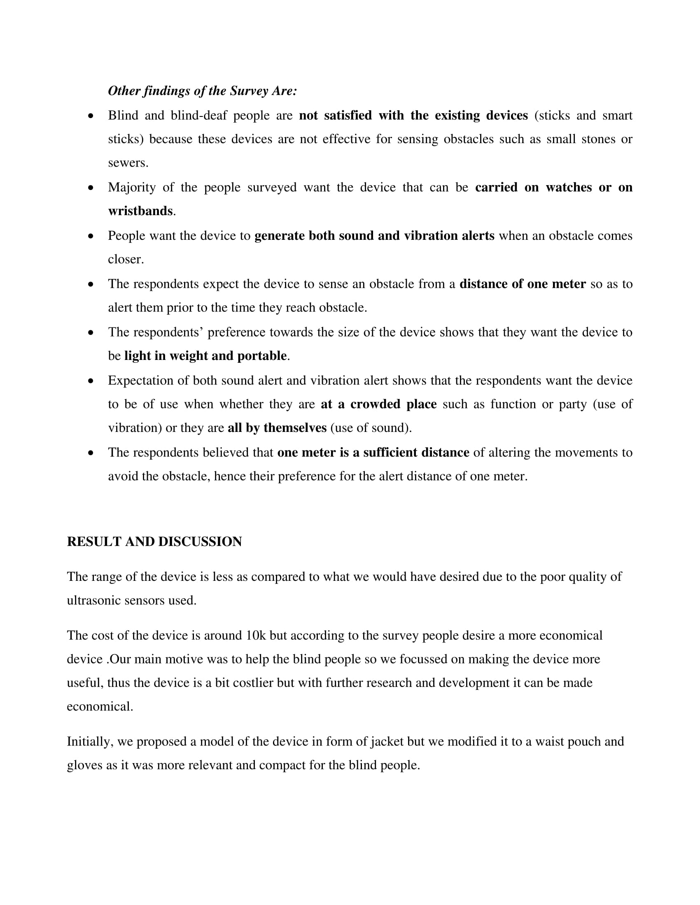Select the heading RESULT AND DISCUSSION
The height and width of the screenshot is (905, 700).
click(154, 542)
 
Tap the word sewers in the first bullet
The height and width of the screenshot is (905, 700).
click(128, 163)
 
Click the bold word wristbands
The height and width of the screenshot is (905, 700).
click(140, 211)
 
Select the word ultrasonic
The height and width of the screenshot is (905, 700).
click(94, 601)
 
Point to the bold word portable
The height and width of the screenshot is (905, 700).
click(261, 356)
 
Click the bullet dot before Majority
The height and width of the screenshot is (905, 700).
click(91, 188)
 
